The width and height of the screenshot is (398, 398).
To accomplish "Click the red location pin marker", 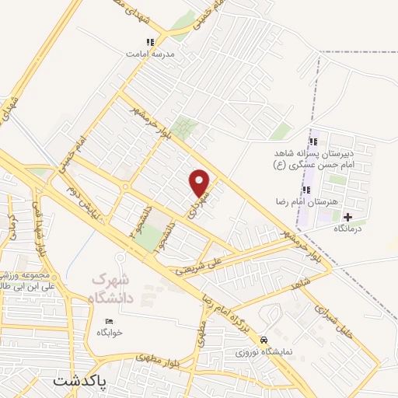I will tap(201, 183).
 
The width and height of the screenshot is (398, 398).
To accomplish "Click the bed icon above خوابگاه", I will tap(109, 321).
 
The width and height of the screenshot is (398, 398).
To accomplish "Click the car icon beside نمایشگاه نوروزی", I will tap(264, 340).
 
